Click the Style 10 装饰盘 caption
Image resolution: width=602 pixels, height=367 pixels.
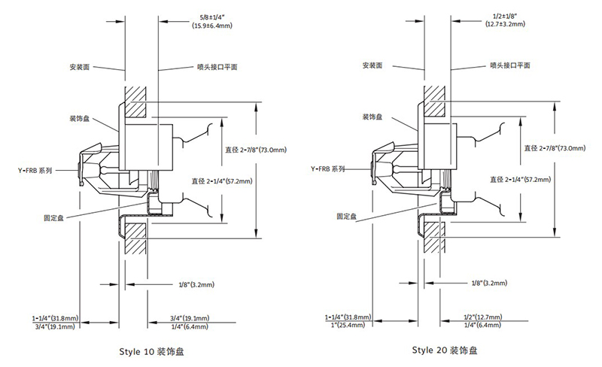(150, 350)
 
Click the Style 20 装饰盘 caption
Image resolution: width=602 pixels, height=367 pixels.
(444, 350)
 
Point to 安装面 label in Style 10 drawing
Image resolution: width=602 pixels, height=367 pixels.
(81, 66)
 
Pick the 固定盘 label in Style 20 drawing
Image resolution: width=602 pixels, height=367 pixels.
(347, 216)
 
